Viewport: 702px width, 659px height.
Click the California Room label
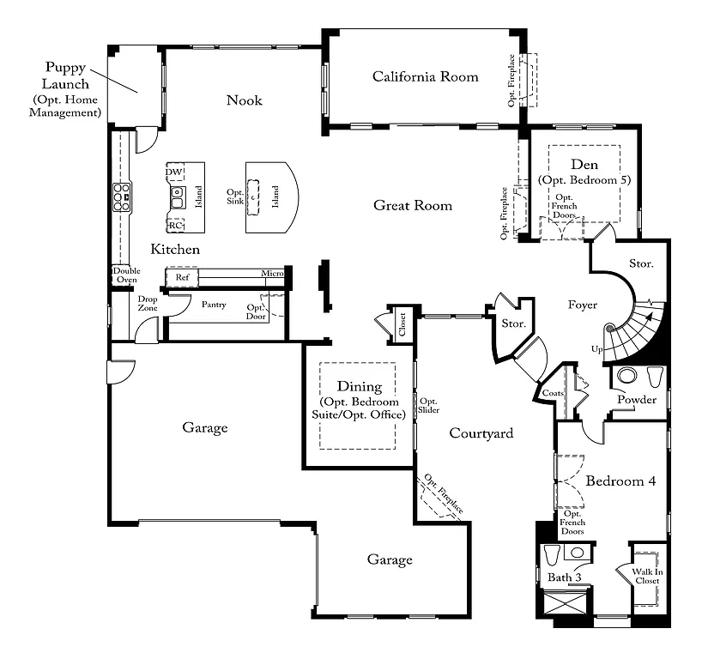(x=425, y=77)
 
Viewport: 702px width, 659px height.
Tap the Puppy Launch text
(x=67, y=76)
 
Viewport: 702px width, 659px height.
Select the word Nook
(x=244, y=101)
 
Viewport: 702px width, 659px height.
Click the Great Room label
(x=412, y=205)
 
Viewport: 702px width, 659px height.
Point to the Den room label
(x=584, y=165)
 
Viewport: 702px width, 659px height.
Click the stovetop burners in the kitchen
(x=120, y=196)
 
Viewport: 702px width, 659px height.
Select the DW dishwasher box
(x=176, y=172)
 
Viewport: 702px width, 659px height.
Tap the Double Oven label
(x=124, y=275)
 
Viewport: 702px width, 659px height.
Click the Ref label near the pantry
(x=182, y=277)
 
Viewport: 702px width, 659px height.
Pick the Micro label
(x=272, y=275)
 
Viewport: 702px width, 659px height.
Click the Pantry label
(x=214, y=305)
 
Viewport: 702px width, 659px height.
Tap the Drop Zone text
(x=148, y=303)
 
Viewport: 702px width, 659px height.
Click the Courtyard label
(x=481, y=433)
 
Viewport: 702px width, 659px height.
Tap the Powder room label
(x=637, y=400)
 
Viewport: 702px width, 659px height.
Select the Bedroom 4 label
(x=620, y=482)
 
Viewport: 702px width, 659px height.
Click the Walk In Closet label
(x=646, y=577)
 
